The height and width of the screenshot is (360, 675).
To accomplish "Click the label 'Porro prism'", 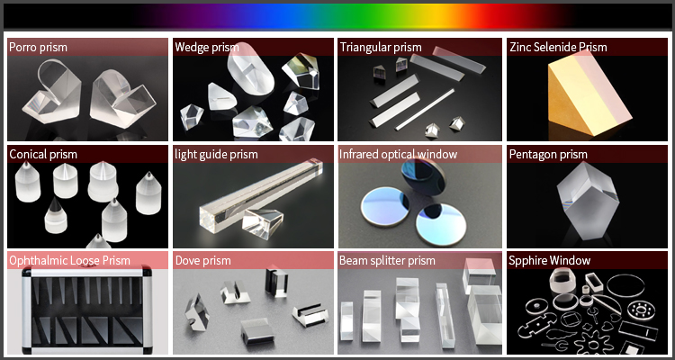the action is (39, 47).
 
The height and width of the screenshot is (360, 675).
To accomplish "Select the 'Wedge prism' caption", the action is (207, 47).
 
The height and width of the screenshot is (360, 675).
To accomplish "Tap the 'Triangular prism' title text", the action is (381, 47).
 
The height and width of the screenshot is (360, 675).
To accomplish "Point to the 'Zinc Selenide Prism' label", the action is (558, 47).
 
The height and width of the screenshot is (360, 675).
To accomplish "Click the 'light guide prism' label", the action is (216, 154).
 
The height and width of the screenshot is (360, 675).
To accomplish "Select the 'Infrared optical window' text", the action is (398, 154).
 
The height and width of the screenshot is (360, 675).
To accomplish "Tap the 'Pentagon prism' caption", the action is (548, 154).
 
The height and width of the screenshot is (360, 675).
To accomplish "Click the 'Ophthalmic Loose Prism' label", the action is (69, 260).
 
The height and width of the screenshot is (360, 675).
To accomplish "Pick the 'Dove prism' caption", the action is (202, 260).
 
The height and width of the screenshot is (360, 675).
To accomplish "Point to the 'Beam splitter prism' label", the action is (387, 260).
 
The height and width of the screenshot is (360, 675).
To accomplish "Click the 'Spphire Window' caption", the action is (549, 260).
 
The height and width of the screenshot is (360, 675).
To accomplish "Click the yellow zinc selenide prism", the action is (586, 94).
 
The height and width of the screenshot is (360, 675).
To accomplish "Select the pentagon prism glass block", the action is (589, 202).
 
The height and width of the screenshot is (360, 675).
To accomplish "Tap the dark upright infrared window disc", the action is (422, 177).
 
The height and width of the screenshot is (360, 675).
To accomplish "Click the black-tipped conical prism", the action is (56, 215).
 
